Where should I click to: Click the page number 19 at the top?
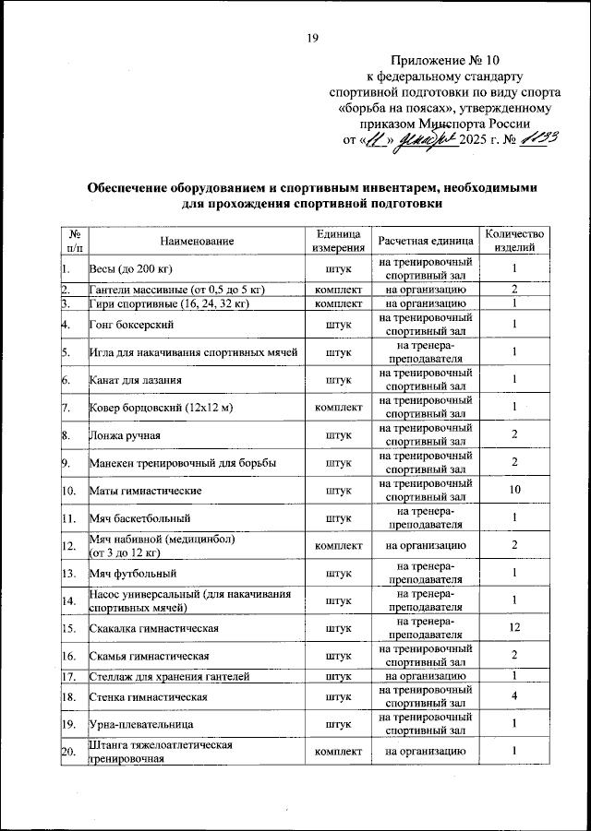tap(312, 37)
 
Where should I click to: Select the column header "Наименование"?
tap(196, 241)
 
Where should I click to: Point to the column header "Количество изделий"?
tap(513, 241)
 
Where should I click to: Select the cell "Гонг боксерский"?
tap(128, 324)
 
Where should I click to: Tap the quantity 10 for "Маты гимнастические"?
tap(513, 491)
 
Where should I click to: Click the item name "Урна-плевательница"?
tap(140, 725)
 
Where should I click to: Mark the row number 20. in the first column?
tap(68, 753)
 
